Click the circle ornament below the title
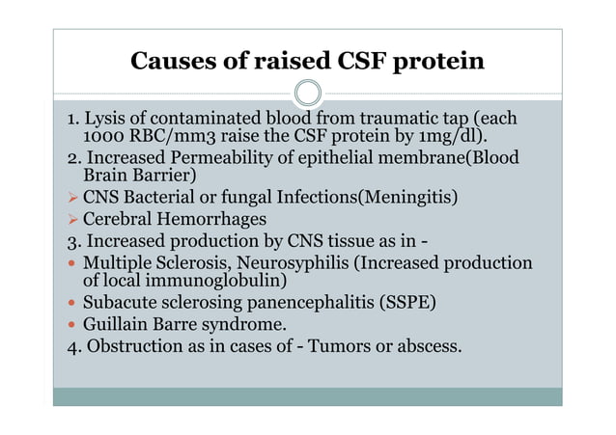(307, 94)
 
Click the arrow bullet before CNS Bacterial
(72, 199)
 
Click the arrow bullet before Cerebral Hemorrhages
(72, 220)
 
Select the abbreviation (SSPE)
(403, 303)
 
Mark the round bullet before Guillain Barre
(72, 325)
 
